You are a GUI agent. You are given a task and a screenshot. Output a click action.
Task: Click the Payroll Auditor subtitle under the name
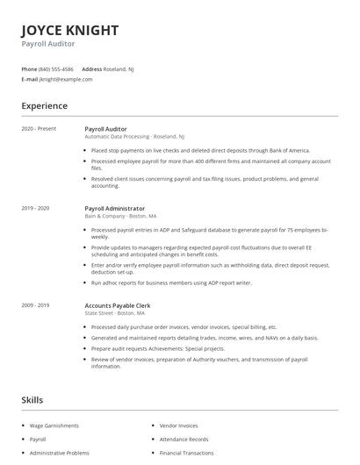coord(48,43)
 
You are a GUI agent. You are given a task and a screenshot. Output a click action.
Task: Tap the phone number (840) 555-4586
coord(57,68)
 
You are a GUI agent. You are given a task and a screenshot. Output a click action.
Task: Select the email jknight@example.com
coord(66,79)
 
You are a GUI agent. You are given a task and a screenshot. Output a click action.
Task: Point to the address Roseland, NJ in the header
coord(119,68)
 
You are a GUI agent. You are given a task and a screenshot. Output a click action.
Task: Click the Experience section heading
coord(44,106)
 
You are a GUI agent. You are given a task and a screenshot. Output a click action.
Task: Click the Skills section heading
coord(32,400)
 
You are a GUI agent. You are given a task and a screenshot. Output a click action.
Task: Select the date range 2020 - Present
coord(39,129)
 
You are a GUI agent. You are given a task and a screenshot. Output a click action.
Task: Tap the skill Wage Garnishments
coord(54,426)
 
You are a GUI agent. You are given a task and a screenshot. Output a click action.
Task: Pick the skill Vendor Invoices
coord(179,426)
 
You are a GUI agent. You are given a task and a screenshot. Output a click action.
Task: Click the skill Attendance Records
coord(184,439)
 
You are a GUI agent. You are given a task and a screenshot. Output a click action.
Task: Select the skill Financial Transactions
coord(186,453)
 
